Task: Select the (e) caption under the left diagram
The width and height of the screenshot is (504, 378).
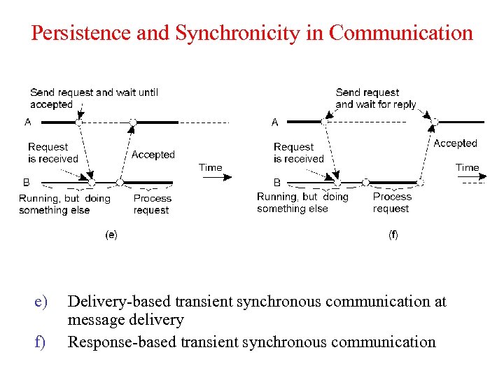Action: (111, 235)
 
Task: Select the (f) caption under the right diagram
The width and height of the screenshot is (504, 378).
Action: (393, 235)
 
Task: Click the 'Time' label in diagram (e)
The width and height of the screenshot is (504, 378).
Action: (210, 168)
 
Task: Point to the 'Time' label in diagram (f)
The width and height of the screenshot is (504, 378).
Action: (467, 168)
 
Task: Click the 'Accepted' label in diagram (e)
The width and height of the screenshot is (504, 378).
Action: (153, 155)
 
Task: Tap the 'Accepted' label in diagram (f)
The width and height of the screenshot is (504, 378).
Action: (455, 143)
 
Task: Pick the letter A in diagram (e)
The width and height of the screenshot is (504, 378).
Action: (28, 122)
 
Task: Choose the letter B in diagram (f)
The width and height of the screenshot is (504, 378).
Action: (277, 182)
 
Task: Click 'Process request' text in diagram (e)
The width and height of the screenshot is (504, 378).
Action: (152, 204)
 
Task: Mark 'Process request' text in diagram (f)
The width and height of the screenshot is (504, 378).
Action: (391, 202)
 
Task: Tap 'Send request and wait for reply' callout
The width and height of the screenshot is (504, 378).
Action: (375, 98)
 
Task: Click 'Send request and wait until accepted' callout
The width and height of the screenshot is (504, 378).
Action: (94, 98)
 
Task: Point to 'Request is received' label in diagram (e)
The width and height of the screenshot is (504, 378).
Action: (52, 153)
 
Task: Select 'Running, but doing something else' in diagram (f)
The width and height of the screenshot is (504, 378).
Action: (302, 202)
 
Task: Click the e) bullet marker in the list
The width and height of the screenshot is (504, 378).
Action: (41, 302)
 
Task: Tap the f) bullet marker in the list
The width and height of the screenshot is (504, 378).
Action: (40, 342)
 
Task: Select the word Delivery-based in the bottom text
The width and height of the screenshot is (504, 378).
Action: (119, 302)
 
